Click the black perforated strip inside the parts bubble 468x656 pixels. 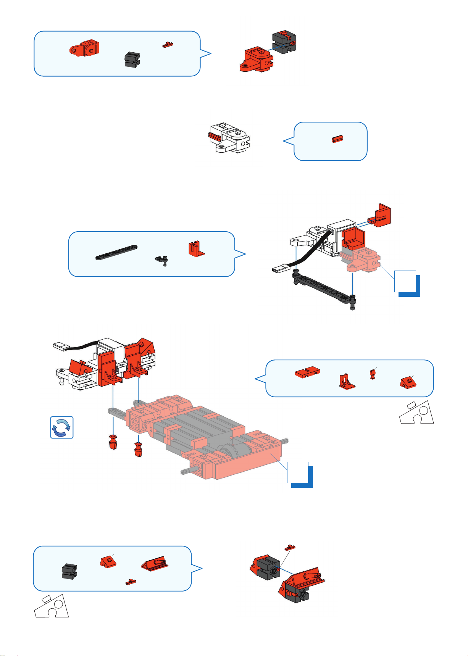[117, 252]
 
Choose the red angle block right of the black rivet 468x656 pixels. [196, 248]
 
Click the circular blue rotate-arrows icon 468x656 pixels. [62, 427]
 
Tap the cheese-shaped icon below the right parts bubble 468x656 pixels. [416, 413]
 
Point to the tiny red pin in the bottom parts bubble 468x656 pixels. [131, 582]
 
